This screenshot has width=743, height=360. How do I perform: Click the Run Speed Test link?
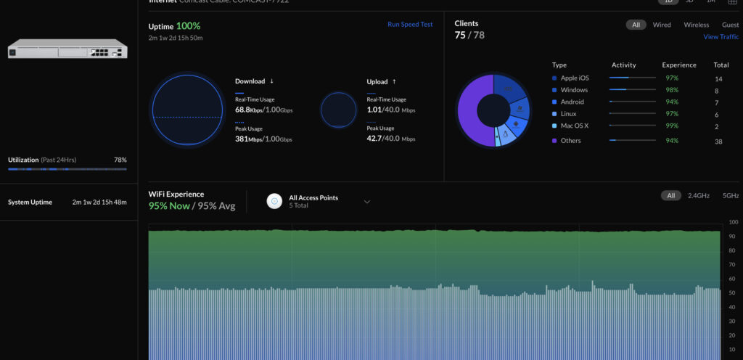pyautogui.click(x=410, y=24)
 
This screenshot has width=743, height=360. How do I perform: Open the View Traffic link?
pyautogui.click(x=721, y=37)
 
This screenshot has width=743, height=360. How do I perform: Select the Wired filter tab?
pyautogui.click(x=662, y=25)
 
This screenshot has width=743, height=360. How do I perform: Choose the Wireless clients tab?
pyautogui.click(x=697, y=25)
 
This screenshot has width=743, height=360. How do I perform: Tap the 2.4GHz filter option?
pyautogui.click(x=699, y=195)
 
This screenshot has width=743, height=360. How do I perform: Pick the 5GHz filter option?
pyautogui.click(x=730, y=195)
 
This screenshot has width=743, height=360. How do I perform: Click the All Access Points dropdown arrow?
pyautogui.click(x=367, y=201)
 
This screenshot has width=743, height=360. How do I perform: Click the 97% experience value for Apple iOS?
pyautogui.click(x=672, y=78)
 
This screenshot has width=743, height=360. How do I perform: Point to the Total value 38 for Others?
pyautogui.click(x=718, y=141)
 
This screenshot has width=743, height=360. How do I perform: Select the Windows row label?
pyautogui.click(x=574, y=90)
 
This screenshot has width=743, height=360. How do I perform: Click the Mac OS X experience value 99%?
pyautogui.click(x=672, y=126)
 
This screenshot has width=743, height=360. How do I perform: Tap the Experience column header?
pyautogui.click(x=679, y=65)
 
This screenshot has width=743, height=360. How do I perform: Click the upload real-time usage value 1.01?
pyautogui.click(x=374, y=110)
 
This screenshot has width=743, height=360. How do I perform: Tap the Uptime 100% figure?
pyautogui.click(x=188, y=26)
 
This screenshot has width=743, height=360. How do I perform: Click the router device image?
pyautogui.click(x=67, y=49)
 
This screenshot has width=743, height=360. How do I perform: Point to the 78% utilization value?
pyautogui.click(x=120, y=160)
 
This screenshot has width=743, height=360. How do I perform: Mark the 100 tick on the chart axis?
pyautogui.click(x=732, y=222)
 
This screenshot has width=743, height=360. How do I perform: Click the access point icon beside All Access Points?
pyautogui.click(x=274, y=201)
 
